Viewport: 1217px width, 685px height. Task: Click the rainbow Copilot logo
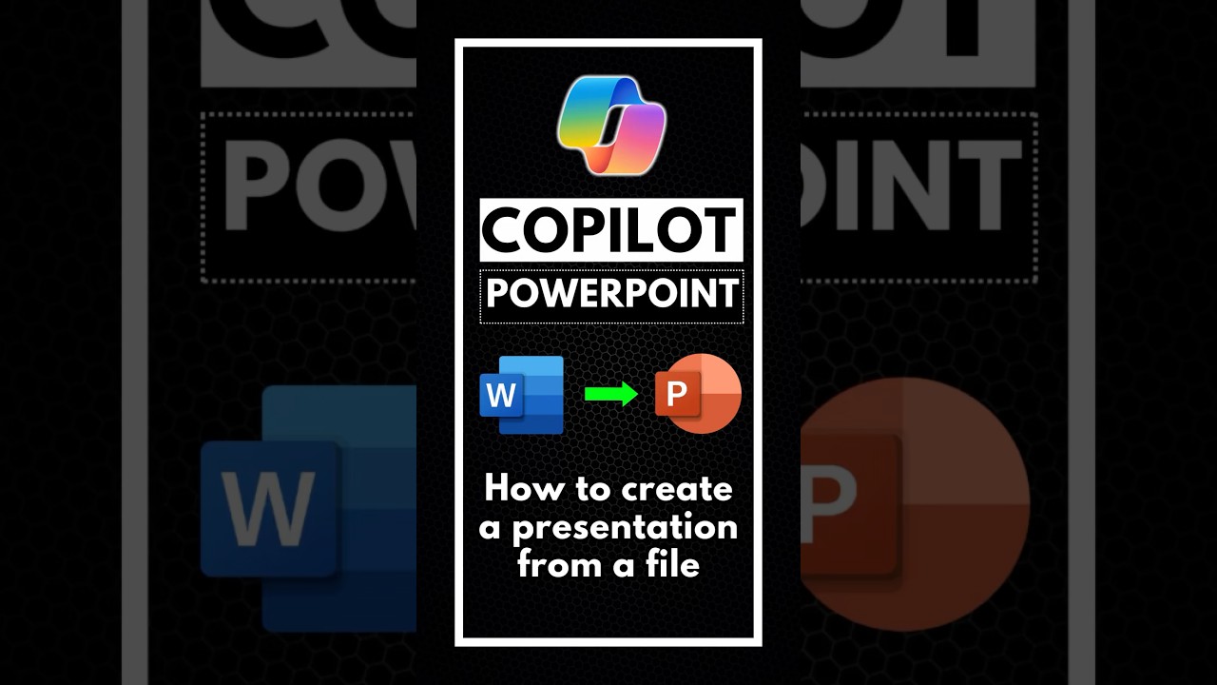coord(611,125)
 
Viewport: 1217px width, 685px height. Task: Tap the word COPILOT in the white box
coord(610,230)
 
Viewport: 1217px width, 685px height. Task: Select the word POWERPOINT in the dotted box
coord(611,295)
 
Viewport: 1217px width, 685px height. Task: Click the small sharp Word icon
coord(522,394)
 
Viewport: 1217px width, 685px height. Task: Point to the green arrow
coord(610,394)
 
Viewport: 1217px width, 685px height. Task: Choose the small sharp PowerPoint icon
coord(698,394)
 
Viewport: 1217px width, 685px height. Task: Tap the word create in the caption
coord(678,489)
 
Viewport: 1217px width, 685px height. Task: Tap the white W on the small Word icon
coord(501,394)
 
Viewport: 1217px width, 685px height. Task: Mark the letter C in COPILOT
coord(504,230)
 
